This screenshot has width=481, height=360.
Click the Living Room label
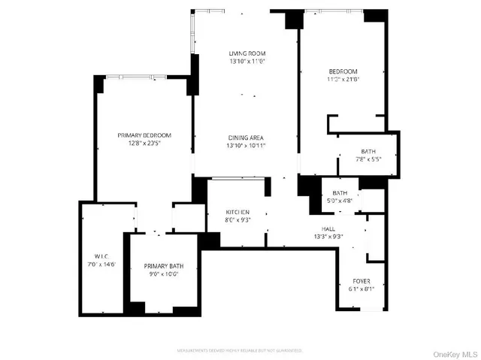tap(247, 53)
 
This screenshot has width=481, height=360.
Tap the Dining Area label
tap(247, 138)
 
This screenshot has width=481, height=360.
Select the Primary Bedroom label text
tap(144, 135)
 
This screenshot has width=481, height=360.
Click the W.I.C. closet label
tap(102, 255)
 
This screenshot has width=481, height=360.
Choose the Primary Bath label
tap(163, 265)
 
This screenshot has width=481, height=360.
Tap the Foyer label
tap(362, 281)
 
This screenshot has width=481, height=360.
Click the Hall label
tap(328, 228)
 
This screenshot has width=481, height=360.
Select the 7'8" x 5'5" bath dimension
tap(368, 159)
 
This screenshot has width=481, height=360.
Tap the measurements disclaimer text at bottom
tap(240, 349)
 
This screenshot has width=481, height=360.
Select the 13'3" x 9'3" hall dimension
tap(328, 236)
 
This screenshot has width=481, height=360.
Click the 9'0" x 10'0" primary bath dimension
tap(163, 274)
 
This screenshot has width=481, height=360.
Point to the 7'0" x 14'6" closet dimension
tap(102, 263)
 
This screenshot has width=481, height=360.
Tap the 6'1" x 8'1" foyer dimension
tap(362, 289)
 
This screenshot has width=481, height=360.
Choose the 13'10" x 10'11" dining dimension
tap(247, 145)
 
